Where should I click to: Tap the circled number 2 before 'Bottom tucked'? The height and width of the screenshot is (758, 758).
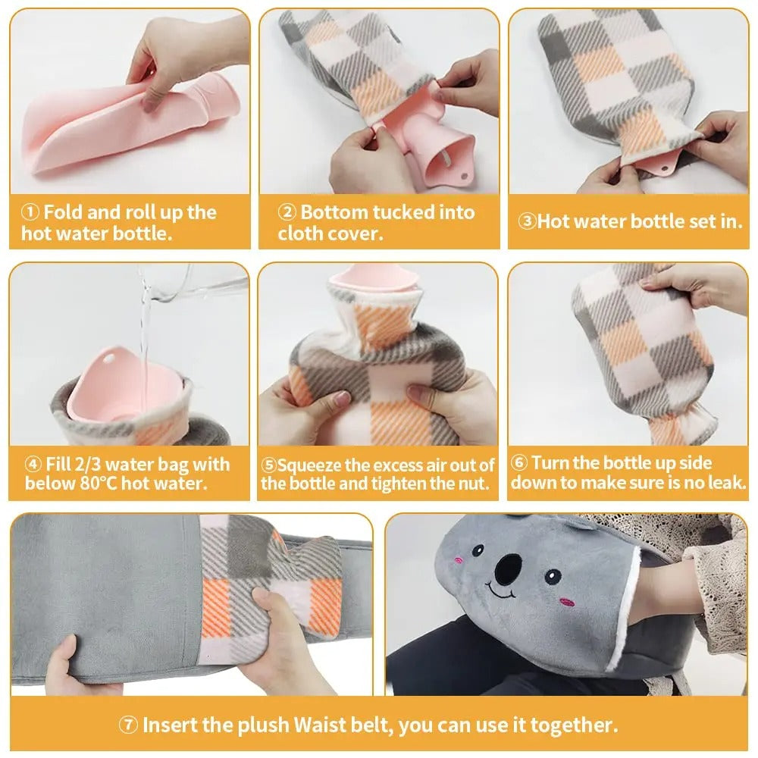click(287, 211)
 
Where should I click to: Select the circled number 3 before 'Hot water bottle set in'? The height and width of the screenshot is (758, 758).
click(528, 222)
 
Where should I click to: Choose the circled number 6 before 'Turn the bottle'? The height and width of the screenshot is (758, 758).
click(519, 463)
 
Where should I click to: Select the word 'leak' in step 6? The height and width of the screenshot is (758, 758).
click(725, 483)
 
